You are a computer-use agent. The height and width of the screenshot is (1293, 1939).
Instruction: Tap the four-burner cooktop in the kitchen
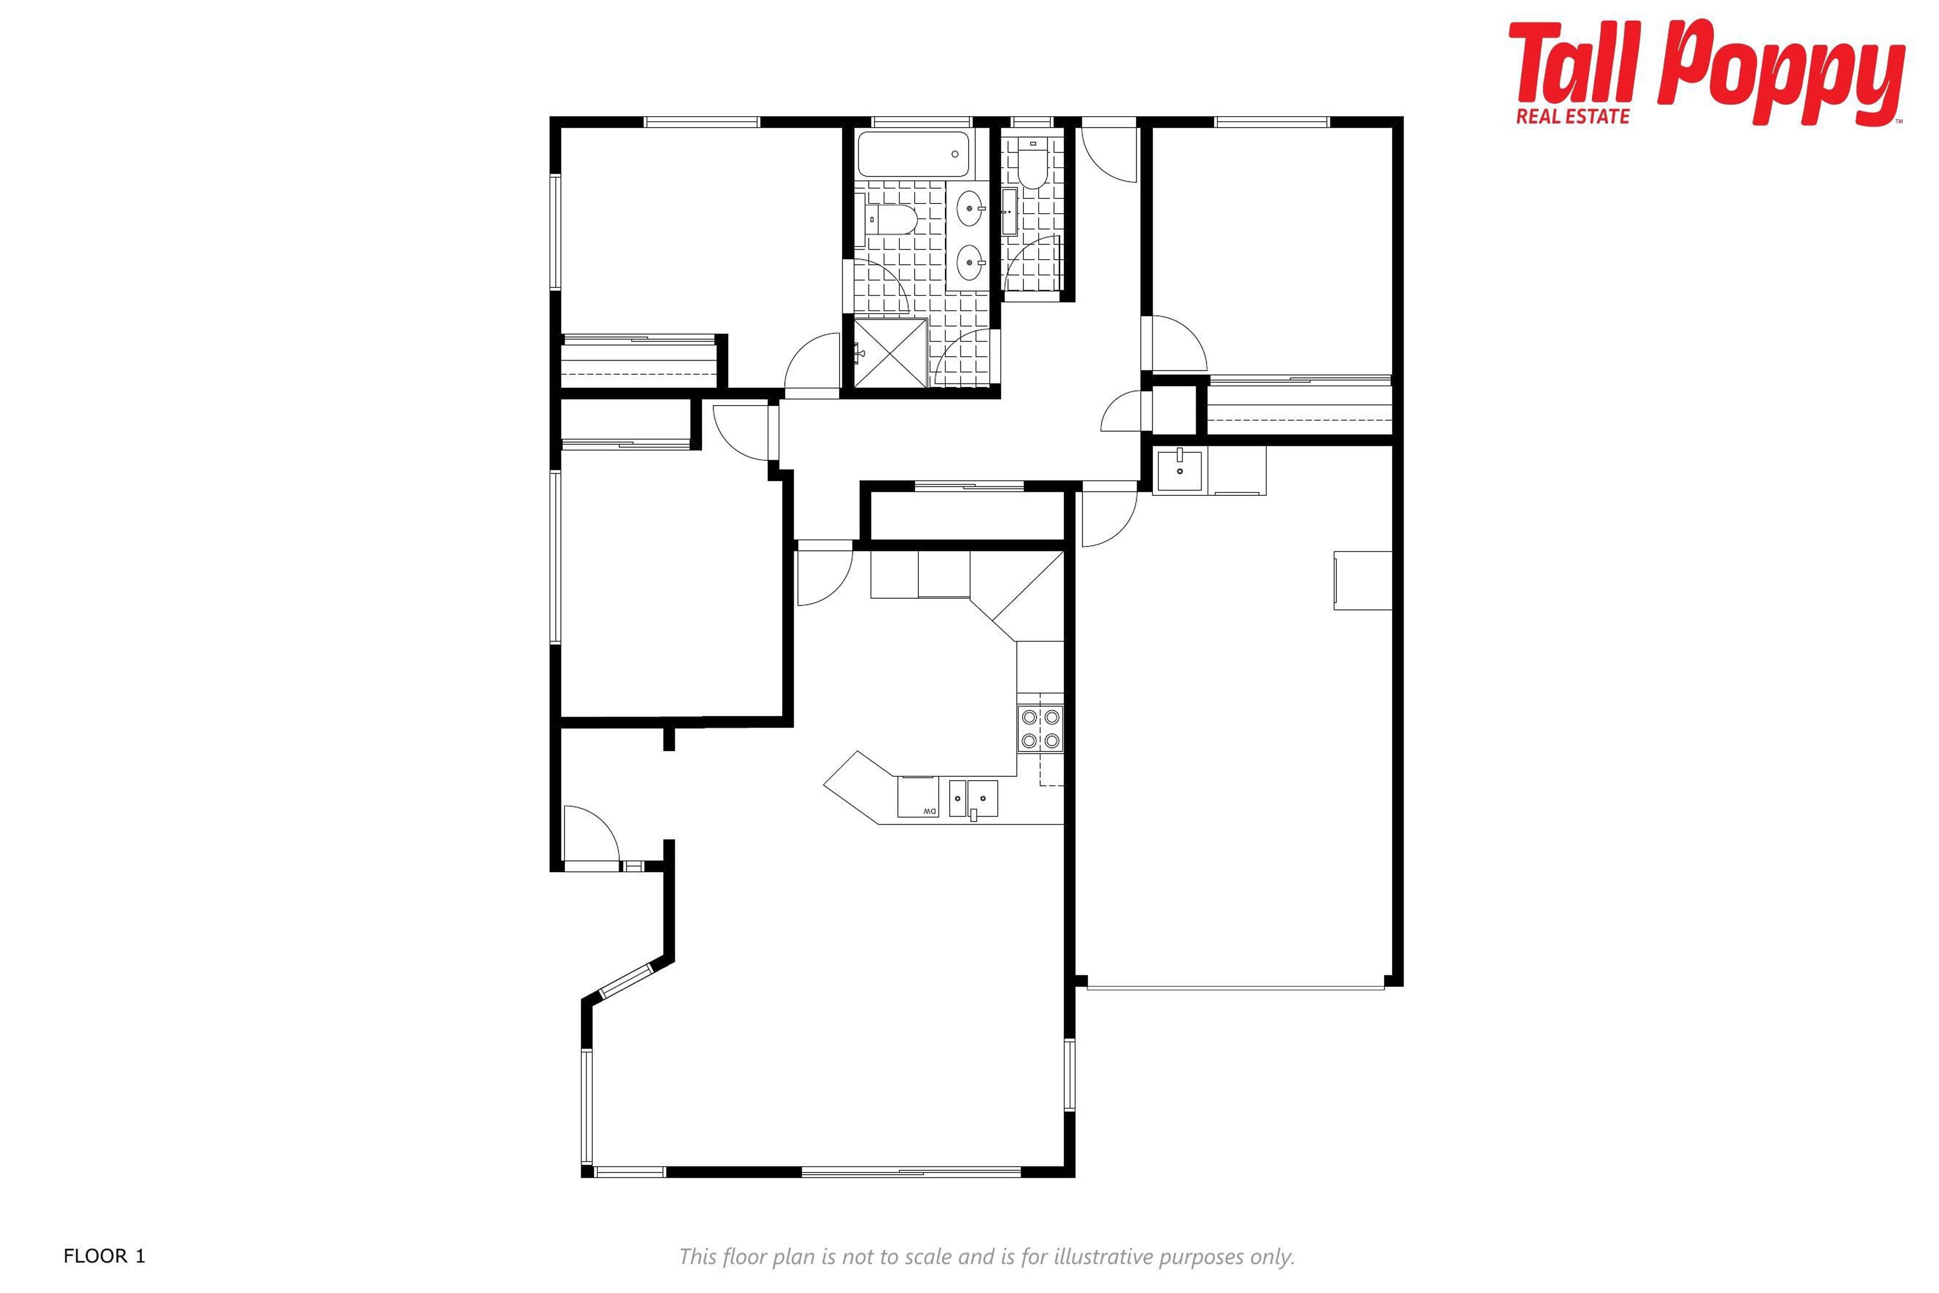[x=1040, y=728]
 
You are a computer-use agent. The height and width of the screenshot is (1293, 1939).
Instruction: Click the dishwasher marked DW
[x=917, y=797]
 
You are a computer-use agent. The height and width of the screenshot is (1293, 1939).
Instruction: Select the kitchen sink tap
[x=973, y=816]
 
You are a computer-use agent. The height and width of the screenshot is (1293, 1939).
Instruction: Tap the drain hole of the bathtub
[x=955, y=154]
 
